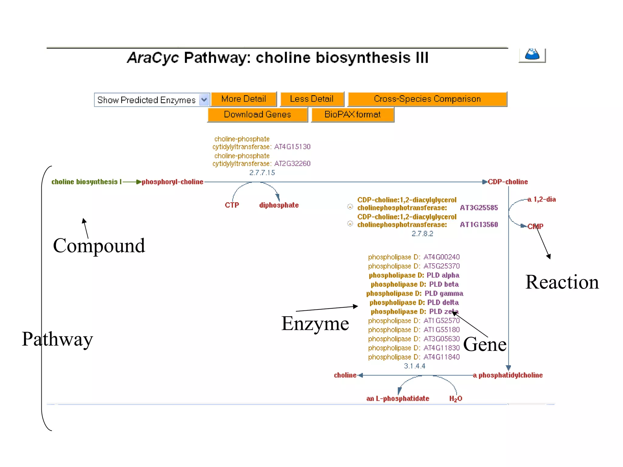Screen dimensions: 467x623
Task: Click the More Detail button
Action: point(244,99)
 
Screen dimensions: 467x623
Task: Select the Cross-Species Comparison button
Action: point(427,99)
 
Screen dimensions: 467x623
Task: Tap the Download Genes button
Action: point(257,115)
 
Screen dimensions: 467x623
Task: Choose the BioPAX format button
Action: point(352,115)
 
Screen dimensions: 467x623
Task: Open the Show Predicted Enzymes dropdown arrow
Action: point(204,100)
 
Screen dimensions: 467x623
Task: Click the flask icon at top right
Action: point(532,55)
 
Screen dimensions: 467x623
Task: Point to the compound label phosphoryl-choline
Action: point(172,182)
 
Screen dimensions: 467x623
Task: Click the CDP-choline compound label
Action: point(508,182)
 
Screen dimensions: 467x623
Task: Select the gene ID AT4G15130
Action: point(292,147)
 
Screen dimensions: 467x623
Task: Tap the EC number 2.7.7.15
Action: point(262,173)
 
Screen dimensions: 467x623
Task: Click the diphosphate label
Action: point(279,205)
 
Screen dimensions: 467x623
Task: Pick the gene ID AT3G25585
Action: point(479,208)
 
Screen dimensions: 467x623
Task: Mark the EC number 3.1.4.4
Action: point(414,366)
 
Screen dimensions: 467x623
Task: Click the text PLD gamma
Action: point(444,294)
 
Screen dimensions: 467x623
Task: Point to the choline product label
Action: point(345,375)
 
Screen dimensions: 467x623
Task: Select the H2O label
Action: point(455,399)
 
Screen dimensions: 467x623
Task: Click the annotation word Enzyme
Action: point(315,323)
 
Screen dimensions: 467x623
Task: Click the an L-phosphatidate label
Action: point(398,399)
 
